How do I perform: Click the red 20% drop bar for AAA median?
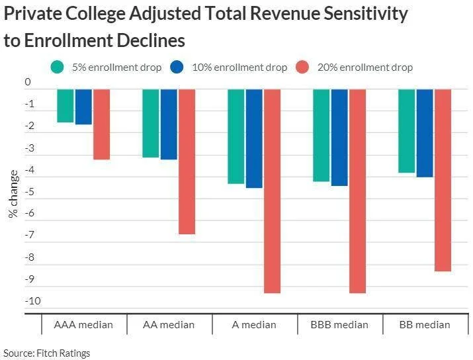101,124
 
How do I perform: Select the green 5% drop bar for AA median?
150,123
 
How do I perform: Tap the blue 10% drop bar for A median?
254,138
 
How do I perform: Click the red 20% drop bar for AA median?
187,161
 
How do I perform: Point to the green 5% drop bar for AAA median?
65,106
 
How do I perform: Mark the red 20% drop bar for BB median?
443,180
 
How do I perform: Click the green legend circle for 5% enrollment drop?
58,67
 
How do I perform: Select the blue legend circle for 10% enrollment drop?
177,67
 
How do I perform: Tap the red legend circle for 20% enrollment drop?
302,67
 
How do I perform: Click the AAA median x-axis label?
83,325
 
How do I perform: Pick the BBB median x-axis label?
340,325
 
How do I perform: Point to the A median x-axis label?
254,325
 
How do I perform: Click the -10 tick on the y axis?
33,301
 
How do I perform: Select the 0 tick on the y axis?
28,83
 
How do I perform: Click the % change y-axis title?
13,193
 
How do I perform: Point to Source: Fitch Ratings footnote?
47,353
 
